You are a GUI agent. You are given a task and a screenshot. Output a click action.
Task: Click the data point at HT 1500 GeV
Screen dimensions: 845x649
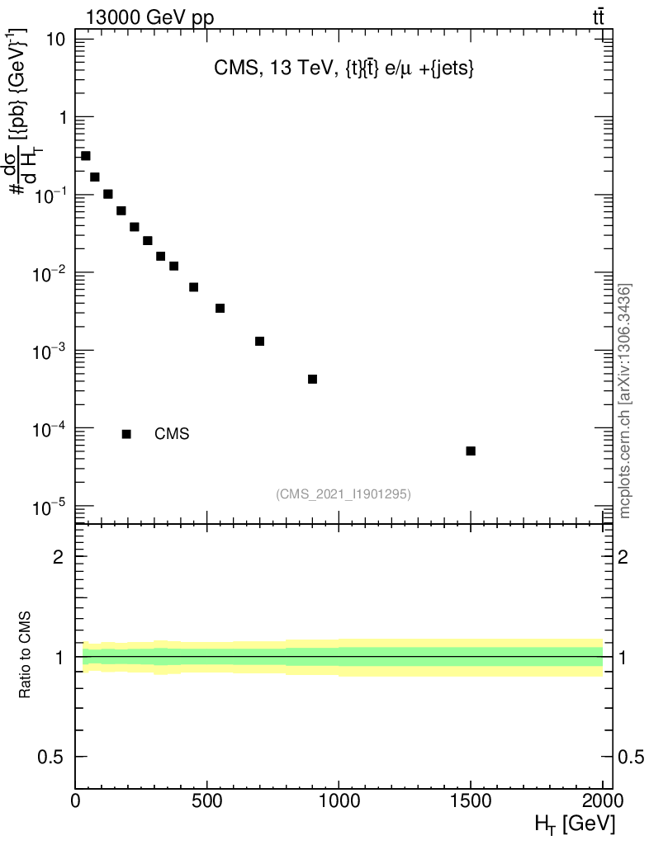(471, 451)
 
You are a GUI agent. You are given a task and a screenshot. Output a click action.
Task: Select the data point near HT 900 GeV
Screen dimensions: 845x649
(312, 379)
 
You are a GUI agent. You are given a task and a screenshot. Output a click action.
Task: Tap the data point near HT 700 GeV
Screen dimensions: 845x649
(259, 341)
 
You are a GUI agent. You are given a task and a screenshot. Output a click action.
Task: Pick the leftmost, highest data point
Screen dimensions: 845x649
(85, 155)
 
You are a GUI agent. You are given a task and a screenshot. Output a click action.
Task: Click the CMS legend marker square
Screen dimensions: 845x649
(126, 434)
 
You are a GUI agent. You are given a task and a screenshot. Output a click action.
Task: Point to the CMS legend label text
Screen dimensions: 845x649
(172, 434)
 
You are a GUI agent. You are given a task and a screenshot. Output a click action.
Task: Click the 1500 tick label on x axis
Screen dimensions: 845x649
(471, 800)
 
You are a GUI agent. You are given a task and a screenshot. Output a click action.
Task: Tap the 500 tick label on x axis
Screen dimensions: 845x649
(207, 800)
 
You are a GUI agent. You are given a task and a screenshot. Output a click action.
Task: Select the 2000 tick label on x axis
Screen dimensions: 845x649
(601, 800)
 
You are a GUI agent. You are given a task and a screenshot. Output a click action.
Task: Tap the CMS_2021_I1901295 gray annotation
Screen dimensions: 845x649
(343, 493)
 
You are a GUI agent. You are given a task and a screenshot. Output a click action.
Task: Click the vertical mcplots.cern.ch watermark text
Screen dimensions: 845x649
(626, 401)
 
